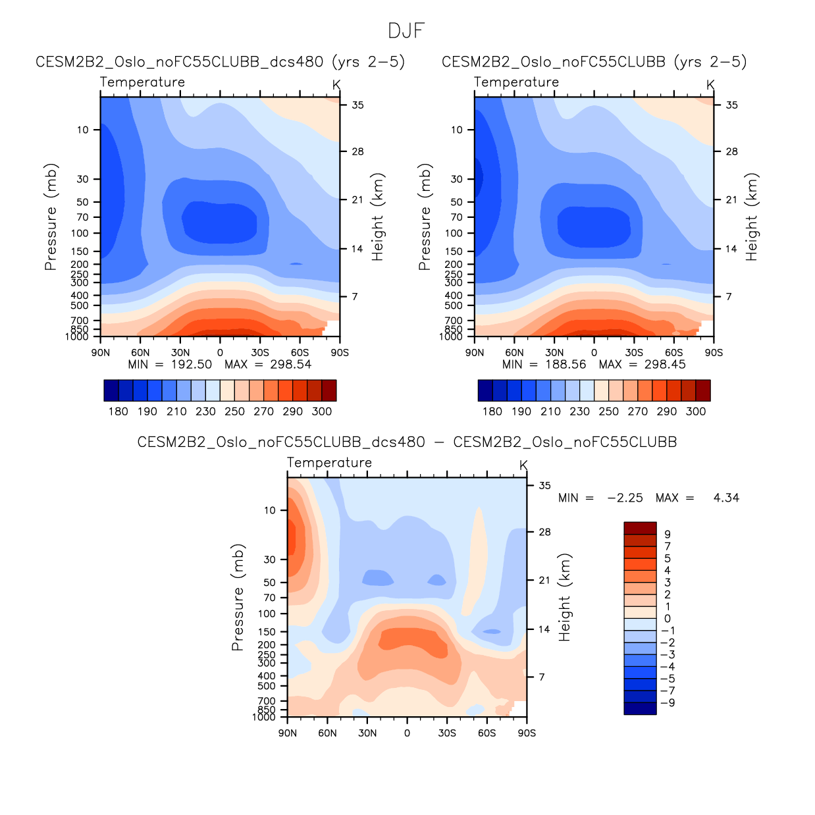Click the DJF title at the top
406,31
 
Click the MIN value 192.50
191,365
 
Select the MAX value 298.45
665,365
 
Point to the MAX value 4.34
726,498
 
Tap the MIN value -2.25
625,498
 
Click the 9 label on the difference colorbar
668,535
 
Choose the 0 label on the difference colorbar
668,619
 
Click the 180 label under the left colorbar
118,411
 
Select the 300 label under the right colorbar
696,411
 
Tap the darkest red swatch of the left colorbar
329,390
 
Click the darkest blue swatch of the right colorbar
485,390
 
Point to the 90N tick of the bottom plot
288,733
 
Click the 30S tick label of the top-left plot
260,353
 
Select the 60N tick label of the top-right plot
514,353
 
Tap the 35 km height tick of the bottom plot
544,486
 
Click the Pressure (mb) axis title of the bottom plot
238,598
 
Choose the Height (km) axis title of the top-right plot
752,217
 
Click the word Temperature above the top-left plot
142,82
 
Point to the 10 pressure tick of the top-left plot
82,130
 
